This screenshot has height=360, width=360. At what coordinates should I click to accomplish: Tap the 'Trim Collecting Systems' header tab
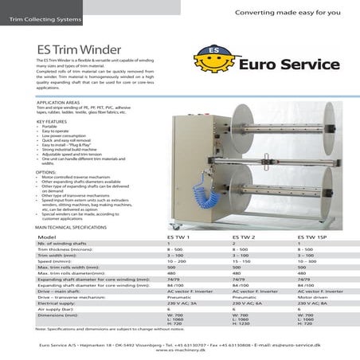point(40,16)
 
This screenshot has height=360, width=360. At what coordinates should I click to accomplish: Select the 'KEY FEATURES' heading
point(51,122)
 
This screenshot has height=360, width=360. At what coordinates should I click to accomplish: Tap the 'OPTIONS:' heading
point(46,171)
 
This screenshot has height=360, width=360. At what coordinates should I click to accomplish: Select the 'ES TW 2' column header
point(244,237)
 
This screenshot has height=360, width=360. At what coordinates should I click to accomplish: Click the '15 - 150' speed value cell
point(242,260)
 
